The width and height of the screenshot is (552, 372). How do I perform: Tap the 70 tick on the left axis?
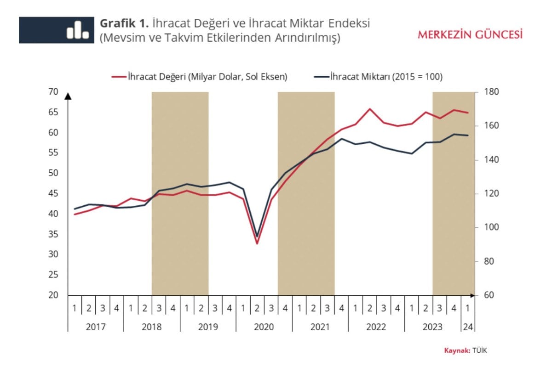pyautogui.click(x=53, y=92)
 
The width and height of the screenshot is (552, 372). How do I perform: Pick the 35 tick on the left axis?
pyautogui.click(x=53, y=234)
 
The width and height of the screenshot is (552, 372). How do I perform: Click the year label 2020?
pyautogui.click(x=264, y=327)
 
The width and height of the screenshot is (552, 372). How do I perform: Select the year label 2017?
pyautogui.click(x=95, y=327)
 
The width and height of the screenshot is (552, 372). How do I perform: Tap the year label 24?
pyautogui.click(x=468, y=327)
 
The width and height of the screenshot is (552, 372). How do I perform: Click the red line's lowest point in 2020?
pyautogui.click(x=257, y=243)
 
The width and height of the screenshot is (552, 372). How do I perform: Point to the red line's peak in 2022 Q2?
pyautogui.click(x=369, y=109)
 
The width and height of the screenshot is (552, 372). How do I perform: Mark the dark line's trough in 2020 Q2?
pyautogui.click(x=257, y=236)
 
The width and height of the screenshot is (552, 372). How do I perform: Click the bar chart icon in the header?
pyautogui.click(x=78, y=30)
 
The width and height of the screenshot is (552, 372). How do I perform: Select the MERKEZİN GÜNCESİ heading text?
pyautogui.click(x=470, y=34)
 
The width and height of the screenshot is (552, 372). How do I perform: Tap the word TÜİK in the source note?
pyautogui.click(x=479, y=350)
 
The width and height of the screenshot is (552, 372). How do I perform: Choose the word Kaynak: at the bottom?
pyautogui.click(x=457, y=350)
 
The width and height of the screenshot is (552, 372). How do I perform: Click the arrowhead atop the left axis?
pyautogui.click(x=68, y=96)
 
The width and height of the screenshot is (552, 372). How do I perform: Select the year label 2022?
pyautogui.click(x=376, y=327)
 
